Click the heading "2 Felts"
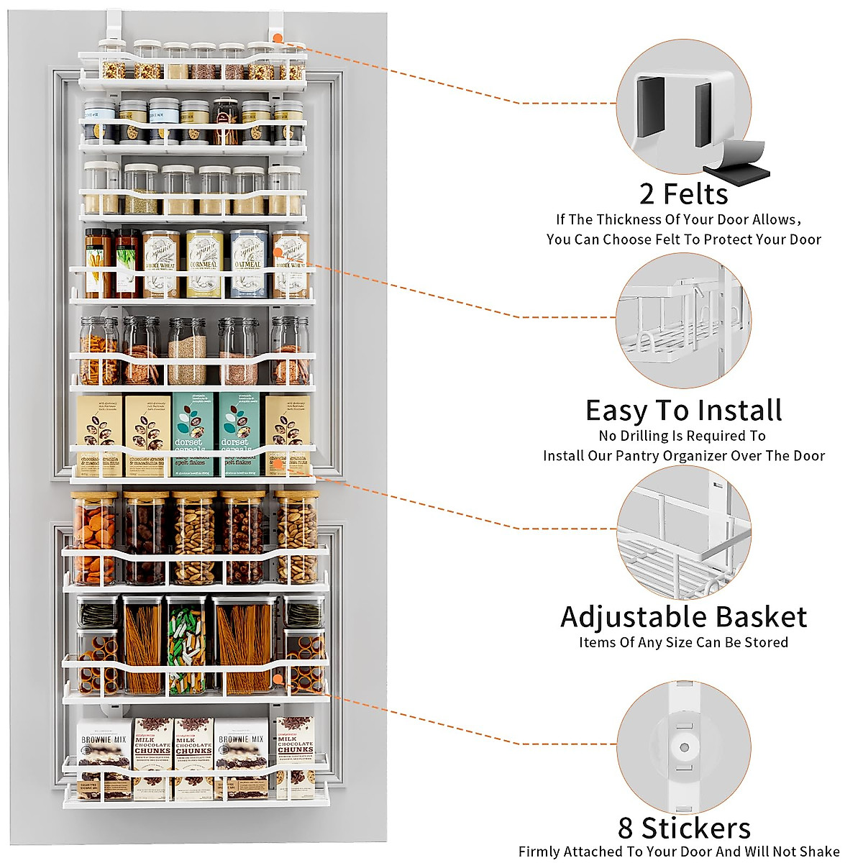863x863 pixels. [683, 194]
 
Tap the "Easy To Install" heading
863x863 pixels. [683, 411]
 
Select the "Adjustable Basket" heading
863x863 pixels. [683, 617]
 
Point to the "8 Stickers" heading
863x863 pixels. [684, 828]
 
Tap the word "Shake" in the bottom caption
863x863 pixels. [819, 851]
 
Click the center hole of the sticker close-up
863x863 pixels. [684, 747]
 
